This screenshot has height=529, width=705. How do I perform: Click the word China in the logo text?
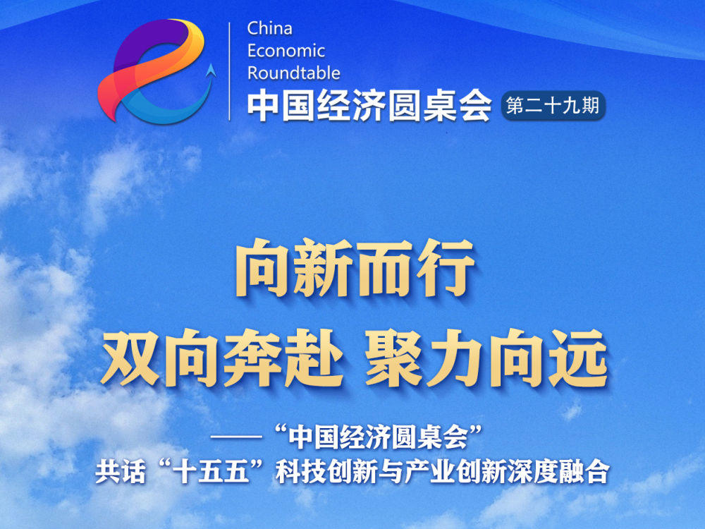[x=270, y=28]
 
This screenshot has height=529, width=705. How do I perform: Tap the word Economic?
[x=286, y=50]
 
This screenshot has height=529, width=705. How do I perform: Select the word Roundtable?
[x=293, y=73]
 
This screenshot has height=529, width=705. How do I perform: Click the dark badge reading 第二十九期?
[x=553, y=107]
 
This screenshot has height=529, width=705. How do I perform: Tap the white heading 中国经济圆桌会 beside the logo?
[x=369, y=106]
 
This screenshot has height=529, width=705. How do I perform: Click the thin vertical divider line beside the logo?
[x=230, y=71]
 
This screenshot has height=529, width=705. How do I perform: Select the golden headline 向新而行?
[x=355, y=268]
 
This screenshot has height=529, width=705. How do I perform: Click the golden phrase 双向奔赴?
[x=222, y=358]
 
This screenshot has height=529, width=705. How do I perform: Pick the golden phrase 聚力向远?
[x=486, y=358]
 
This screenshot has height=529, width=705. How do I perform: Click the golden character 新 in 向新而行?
[x=324, y=268]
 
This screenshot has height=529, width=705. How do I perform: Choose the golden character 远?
[x=579, y=358]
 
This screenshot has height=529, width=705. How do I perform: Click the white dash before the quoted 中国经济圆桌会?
[x=236, y=437]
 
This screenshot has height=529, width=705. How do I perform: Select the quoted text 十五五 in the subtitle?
[x=211, y=473]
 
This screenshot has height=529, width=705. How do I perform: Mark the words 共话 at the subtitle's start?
[x=120, y=473]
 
